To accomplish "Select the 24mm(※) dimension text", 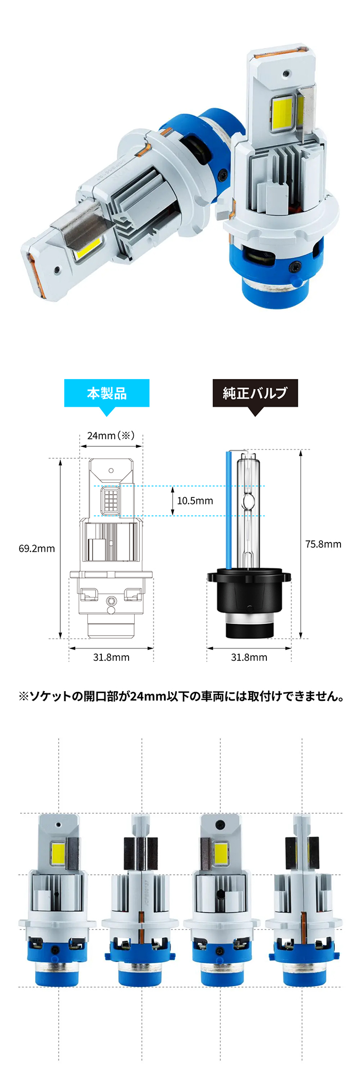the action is click(x=111, y=436).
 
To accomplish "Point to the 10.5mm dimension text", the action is click(x=195, y=501).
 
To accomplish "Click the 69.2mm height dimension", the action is click(x=37, y=549).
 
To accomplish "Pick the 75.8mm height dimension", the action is click(x=323, y=544).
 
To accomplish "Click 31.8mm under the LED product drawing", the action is click(x=111, y=657).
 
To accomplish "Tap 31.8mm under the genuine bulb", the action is click(x=249, y=657).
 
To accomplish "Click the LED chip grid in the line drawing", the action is click(x=111, y=500).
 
